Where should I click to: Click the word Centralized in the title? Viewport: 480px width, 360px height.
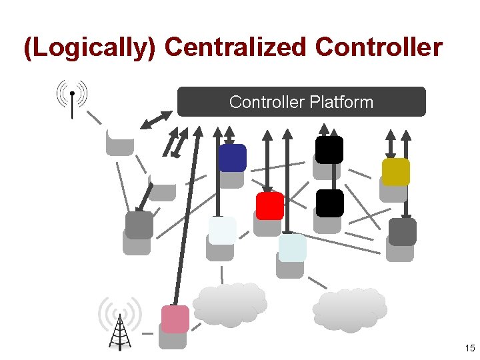coord(235,49)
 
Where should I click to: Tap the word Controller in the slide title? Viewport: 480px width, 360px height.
coord(379,49)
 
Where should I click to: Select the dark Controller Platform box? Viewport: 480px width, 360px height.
coord(301,102)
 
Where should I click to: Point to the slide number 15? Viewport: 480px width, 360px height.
coord(469,348)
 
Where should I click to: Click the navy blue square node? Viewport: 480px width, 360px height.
coord(232,158)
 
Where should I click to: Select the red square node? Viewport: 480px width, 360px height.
coord(270,206)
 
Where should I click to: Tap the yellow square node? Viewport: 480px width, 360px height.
coord(396,172)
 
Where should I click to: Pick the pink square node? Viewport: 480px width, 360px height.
coord(175,319)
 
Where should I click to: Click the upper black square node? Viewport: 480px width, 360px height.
coord(329,150)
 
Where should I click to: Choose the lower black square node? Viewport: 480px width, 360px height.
coord(329,203)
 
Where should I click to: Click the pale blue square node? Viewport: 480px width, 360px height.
coord(292,248)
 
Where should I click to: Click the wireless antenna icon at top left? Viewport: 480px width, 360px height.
coord(72,97)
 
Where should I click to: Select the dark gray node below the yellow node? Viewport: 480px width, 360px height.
coord(403,232)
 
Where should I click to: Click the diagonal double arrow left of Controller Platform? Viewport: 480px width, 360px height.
coord(157,119)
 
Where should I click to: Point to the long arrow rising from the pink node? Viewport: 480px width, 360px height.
coord(187,213)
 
